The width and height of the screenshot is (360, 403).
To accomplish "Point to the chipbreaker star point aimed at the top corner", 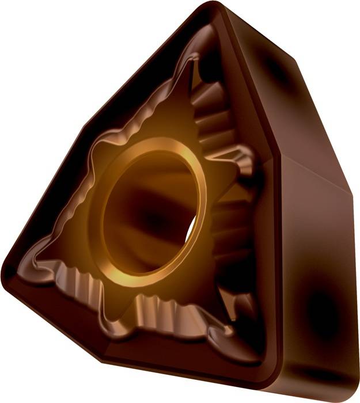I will tap(196, 60).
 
